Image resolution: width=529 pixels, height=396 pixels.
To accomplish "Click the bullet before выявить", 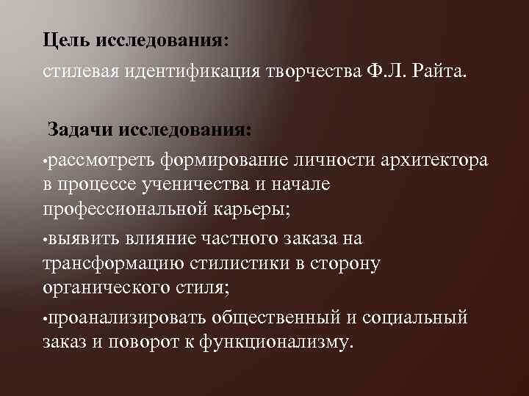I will [x=45, y=240].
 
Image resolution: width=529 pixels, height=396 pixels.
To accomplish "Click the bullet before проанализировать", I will [x=45, y=319].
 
